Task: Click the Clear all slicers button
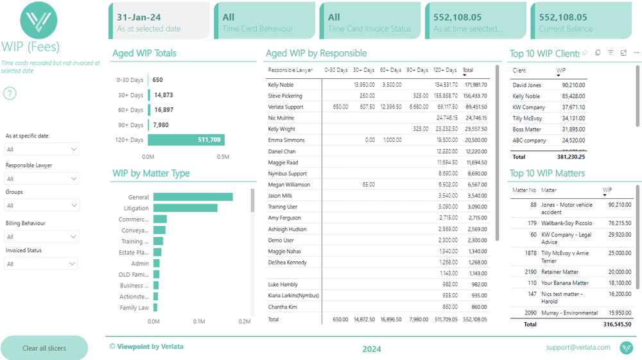coord(44,348)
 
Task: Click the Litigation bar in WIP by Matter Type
coord(185,208)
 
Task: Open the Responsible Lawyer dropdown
coord(41,179)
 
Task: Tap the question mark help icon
coord(10,94)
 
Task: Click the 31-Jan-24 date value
coord(138,17)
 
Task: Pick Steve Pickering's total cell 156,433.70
coord(475,96)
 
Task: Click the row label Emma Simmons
coord(284,140)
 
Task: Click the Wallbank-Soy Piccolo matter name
coord(566,223)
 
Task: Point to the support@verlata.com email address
coord(578,347)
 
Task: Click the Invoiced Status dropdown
coord(41,264)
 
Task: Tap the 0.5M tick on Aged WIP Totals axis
coord(223,156)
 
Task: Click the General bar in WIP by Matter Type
coord(193,197)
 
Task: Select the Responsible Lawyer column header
coord(286,70)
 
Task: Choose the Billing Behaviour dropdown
coord(41,237)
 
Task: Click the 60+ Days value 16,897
coord(163,110)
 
